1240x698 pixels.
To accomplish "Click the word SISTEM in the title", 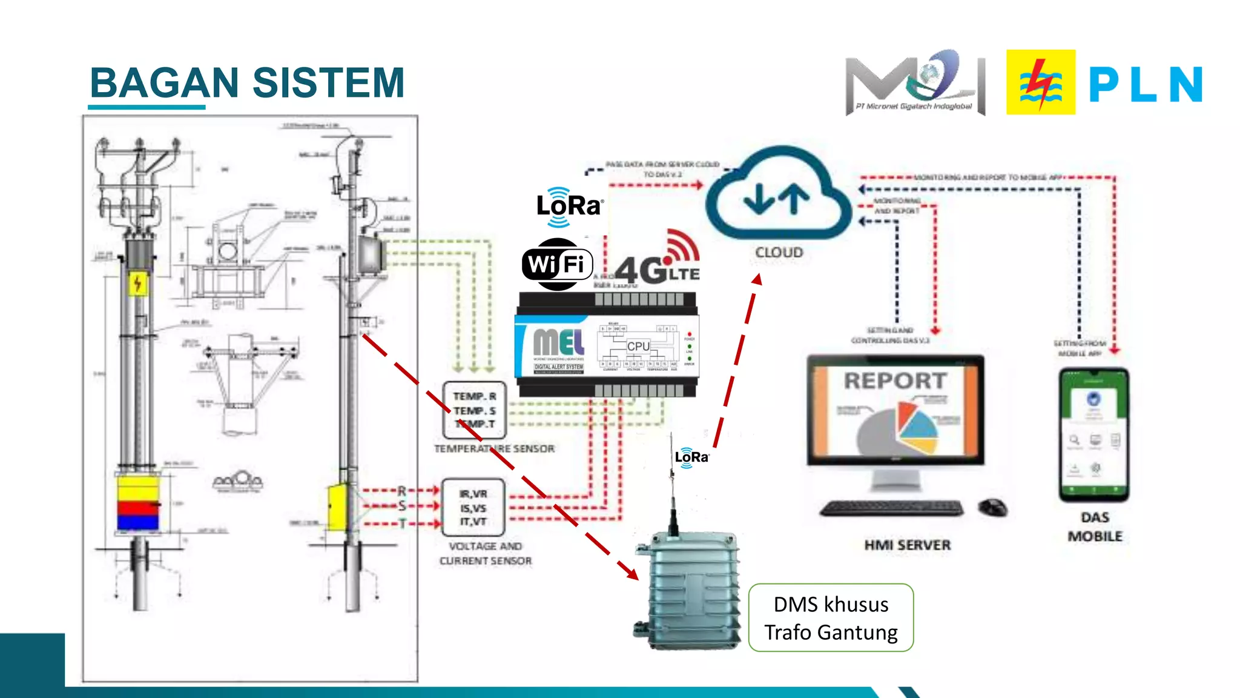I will (x=328, y=83).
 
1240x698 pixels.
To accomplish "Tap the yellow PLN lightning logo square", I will (x=1040, y=82).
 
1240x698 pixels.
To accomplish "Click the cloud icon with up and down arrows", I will (x=778, y=194).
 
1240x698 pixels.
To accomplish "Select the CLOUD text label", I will (x=779, y=252).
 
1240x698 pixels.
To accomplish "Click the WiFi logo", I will (x=557, y=265).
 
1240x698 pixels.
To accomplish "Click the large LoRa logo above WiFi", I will (x=569, y=207).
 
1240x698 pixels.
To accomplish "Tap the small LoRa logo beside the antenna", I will (x=691, y=457).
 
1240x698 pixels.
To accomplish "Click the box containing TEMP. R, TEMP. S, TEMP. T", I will (x=474, y=410).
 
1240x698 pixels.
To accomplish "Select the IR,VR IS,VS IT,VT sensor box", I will (x=473, y=508).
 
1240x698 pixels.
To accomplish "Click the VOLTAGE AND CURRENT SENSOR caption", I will (x=486, y=553).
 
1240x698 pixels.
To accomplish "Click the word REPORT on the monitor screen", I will (x=895, y=381).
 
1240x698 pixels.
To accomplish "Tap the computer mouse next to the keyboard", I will (x=992, y=508).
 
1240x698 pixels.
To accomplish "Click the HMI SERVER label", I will (x=907, y=545).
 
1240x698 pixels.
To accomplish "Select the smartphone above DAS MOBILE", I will (x=1093, y=434).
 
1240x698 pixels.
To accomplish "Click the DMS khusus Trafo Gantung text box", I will (x=831, y=618).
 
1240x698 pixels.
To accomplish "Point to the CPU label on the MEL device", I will (x=638, y=346).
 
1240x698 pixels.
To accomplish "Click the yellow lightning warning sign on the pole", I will (x=138, y=284).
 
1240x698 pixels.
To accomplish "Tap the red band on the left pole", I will (x=138, y=507).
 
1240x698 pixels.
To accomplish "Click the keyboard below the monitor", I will (x=891, y=508).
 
